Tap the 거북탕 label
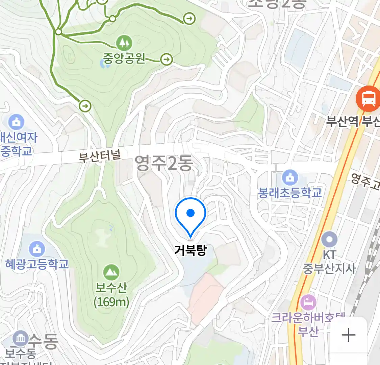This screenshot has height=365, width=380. [x=191, y=250]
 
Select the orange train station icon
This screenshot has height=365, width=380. [x=368, y=98]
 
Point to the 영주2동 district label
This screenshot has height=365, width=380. [x=164, y=163]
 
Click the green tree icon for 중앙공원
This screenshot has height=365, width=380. [x=124, y=43]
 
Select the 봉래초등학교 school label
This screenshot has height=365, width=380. [x=290, y=193]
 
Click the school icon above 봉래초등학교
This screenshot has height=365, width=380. [x=290, y=177]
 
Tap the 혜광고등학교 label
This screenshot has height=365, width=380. [x=37, y=264]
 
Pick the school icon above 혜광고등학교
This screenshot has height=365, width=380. [x=37, y=249]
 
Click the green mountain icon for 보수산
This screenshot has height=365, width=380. [x=111, y=272]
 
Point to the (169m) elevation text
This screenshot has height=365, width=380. [x=111, y=302]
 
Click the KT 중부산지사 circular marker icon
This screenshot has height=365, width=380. [x=329, y=240]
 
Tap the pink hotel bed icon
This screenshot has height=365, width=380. [x=308, y=302]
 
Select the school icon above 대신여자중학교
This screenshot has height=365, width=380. [x=16, y=122]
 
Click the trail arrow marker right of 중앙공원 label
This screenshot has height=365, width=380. [x=166, y=59]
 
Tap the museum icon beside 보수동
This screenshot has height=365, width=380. [x=20, y=338]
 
